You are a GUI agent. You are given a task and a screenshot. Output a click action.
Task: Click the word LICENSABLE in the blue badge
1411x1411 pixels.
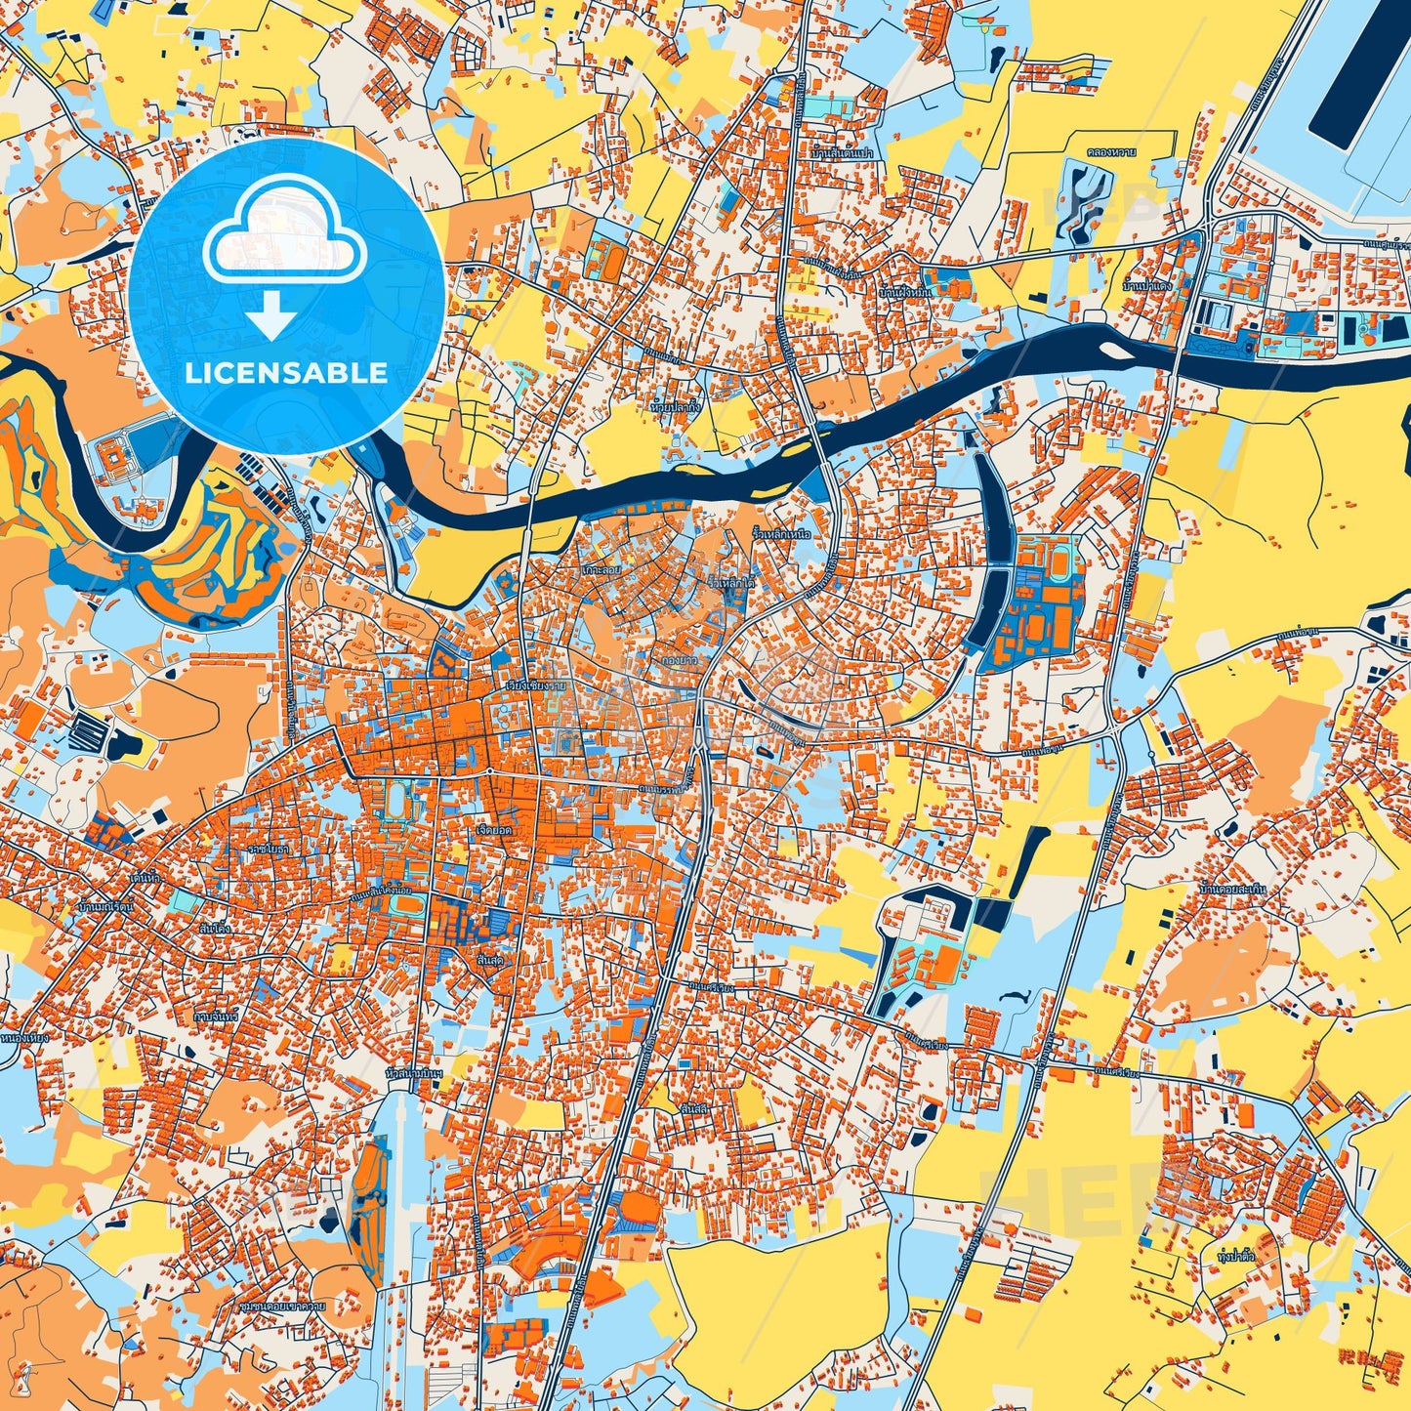pos(287,373)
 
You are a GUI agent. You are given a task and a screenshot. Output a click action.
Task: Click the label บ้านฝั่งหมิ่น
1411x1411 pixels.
pos(905,291)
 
